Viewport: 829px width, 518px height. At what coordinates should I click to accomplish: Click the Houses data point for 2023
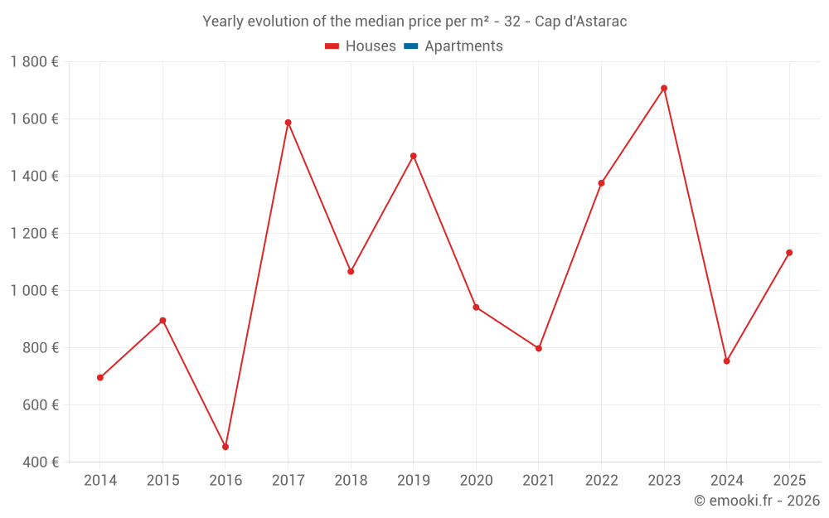click(x=664, y=89)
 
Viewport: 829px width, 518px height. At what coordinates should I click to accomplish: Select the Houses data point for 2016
click(x=225, y=447)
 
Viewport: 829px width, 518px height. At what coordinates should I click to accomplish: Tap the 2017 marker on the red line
click(x=288, y=123)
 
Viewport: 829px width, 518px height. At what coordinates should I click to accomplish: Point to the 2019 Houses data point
click(x=413, y=156)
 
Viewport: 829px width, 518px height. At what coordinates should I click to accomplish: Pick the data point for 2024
click(x=726, y=361)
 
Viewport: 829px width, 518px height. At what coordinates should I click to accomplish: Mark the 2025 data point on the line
click(x=789, y=253)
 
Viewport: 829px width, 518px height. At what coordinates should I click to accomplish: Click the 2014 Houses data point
click(x=100, y=378)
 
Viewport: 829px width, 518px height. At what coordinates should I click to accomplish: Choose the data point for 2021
click(x=539, y=348)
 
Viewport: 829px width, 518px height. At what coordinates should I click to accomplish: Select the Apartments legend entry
click(x=463, y=46)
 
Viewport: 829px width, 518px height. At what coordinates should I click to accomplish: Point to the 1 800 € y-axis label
click(x=34, y=62)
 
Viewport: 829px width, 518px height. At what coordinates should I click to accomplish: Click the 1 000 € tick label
click(x=34, y=291)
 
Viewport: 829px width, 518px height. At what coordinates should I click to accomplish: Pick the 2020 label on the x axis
click(x=476, y=481)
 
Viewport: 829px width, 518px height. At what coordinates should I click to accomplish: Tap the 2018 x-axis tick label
click(x=351, y=481)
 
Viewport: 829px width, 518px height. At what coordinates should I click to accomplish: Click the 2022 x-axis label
click(x=601, y=481)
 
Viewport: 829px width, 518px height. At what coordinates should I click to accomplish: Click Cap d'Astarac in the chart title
click(x=580, y=22)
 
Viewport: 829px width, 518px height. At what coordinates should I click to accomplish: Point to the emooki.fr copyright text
click(x=757, y=501)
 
